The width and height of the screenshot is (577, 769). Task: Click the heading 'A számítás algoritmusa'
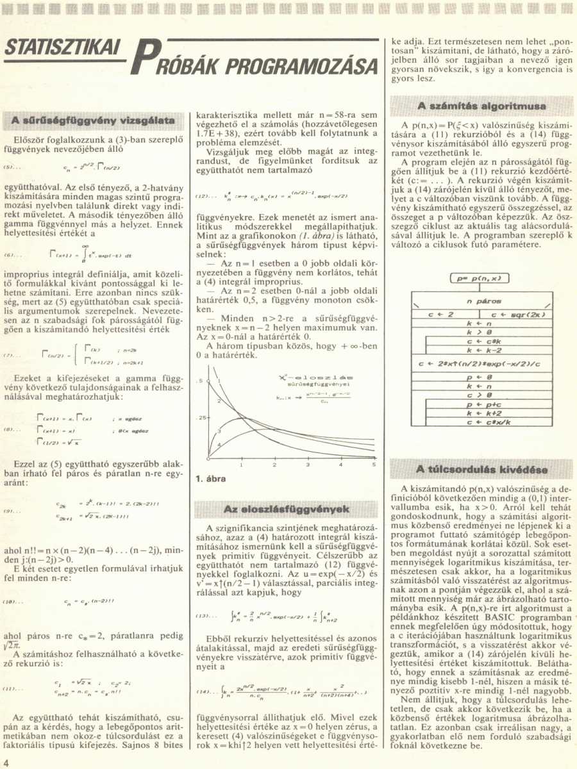pos(481,106)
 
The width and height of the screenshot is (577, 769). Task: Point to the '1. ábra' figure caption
pos(209,478)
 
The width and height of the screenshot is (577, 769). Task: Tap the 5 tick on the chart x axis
pos(373,465)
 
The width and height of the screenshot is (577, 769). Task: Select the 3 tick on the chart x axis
pos(308,465)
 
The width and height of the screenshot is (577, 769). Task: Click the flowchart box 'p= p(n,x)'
pos(480,278)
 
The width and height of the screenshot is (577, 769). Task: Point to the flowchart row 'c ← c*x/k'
pos(480,424)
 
